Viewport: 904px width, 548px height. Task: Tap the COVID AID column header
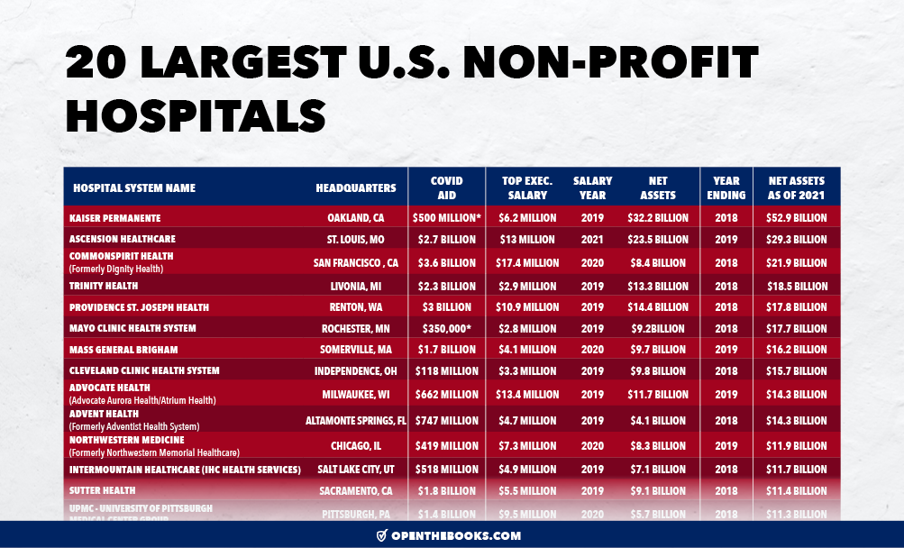(x=446, y=188)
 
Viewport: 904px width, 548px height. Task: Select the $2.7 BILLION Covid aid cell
(x=445, y=240)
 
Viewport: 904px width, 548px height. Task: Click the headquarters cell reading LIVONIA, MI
(x=358, y=287)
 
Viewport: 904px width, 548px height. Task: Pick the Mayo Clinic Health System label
(x=132, y=328)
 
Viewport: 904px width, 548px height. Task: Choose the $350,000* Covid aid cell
(x=445, y=328)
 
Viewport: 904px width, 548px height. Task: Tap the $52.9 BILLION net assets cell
(x=797, y=218)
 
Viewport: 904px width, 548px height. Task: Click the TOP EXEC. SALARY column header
(x=527, y=188)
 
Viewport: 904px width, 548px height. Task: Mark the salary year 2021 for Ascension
(x=592, y=240)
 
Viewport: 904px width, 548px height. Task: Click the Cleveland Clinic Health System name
(x=144, y=370)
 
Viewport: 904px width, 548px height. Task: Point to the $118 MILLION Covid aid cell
(x=445, y=370)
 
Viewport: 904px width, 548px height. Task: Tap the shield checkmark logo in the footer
(x=382, y=535)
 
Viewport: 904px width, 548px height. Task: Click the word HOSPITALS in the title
(x=196, y=116)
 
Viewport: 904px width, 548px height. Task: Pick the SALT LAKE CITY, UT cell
(x=354, y=470)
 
